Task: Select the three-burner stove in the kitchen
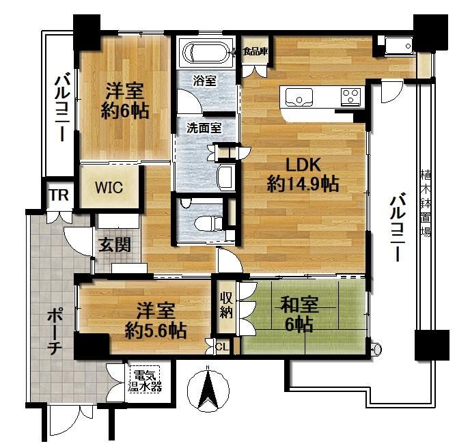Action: pos(350,96)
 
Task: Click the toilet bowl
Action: pos(208,223)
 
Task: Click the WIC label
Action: pos(109,188)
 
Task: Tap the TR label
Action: pos(59,195)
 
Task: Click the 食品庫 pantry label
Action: pos(255,51)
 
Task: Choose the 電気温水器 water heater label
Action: pos(145,381)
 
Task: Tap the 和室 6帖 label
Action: pos(299,314)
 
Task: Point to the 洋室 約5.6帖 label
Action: pos(156,320)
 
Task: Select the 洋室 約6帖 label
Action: pos(125,101)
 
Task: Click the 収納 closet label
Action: pos(226,305)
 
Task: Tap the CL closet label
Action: pos(222,347)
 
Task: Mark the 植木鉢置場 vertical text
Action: pos(426,203)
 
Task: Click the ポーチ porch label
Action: pos(54,332)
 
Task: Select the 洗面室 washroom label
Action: pos(204,128)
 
